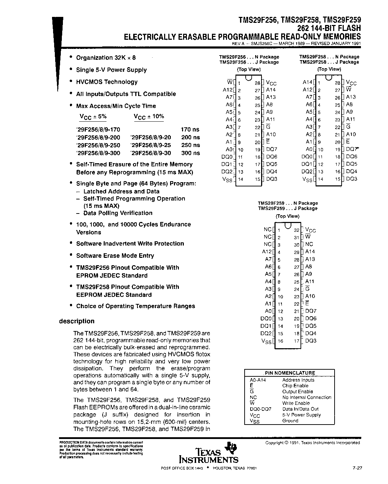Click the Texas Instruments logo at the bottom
pyautogui.click(x=209, y=453)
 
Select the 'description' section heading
pyautogui.click(x=77, y=321)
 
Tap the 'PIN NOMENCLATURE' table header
pyautogui.click(x=290, y=373)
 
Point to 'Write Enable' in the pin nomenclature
pyautogui.click(x=296, y=403)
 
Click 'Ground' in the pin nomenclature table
pyautogui.click(x=290, y=421)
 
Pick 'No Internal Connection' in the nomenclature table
pyautogui.click(x=307, y=397)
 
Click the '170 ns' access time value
pyautogui.click(x=190, y=129)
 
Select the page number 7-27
pyautogui.click(x=357, y=468)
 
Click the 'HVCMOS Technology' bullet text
pyautogui.click(x=107, y=82)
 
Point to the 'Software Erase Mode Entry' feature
pyautogui.click(x=115, y=256)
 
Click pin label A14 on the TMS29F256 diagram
pyautogui.click(x=271, y=90)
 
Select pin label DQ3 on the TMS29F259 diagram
pyautogui.click(x=311, y=340)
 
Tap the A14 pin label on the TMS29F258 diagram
pyautogui.click(x=308, y=82)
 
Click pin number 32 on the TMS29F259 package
pyautogui.click(x=296, y=230)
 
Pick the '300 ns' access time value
pyautogui.click(x=190, y=153)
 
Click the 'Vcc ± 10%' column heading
pyautogui.click(x=149, y=117)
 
